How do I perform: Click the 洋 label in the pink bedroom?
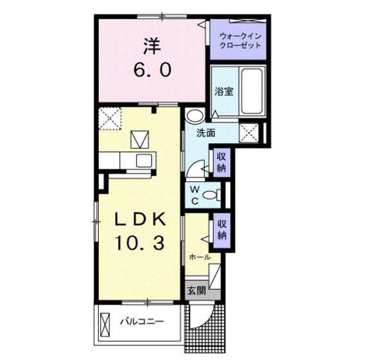(x=152, y=46)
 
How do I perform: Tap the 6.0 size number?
(x=152, y=70)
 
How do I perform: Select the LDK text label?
(x=140, y=219)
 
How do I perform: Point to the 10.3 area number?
(x=140, y=243)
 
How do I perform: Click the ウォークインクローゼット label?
(x=241, y=40)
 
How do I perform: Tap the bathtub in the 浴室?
(x=252, y=91)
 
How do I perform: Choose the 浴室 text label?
(x=224, y=92)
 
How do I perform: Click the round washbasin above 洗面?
(x=195, y=116)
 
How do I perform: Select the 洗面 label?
(x=206, y=133)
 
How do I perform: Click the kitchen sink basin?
(x=144, y=160)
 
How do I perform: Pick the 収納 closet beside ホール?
(x=221, y=230)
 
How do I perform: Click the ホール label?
(x=200, y=257)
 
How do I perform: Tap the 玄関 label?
(x=196, y=291)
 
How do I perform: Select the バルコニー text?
(x=142, y=321)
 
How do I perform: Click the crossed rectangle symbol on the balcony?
(x=105, y=325)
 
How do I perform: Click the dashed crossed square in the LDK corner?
(x=110, y=119)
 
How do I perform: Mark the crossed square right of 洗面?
(x=249, y=133)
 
